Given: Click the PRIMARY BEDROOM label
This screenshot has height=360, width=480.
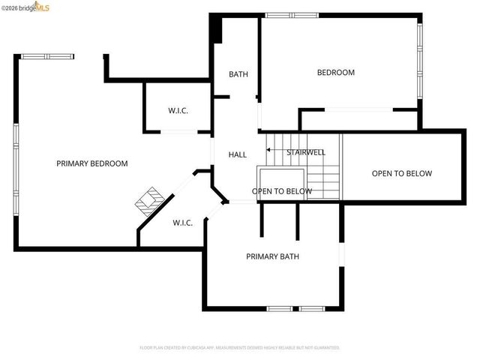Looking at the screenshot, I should [x=92, y=163].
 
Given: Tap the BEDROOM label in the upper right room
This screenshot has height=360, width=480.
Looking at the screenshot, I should [x=335, y=73].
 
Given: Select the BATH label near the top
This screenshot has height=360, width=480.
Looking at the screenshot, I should [x=238, y=74].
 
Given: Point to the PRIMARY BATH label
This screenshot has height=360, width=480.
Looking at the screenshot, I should [x=272, y=256].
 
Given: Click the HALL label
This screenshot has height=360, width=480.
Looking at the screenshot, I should [x=238, y=154].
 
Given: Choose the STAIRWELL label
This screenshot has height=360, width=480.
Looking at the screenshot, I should [x=306, y=152].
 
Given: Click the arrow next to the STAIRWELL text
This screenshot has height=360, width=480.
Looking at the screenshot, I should [x=274, y=152].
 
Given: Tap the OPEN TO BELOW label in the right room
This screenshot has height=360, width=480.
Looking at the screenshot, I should [x=402, y=174].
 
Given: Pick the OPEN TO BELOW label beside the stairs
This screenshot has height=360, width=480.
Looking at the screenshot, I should [x=282, y=191].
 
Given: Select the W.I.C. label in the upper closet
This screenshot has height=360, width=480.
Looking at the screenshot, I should [x=178, y=111].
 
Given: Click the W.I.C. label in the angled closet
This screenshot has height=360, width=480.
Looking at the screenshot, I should [x=183, y=223].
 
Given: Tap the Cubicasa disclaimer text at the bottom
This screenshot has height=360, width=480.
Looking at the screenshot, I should [x=240, y=348].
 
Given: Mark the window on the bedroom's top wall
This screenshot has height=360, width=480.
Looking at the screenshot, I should [x=291, y=15].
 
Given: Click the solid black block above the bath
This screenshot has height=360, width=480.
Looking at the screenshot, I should [x=217, y=28].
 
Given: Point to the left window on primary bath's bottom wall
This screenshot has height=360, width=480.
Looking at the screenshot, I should [x=280, y=308].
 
